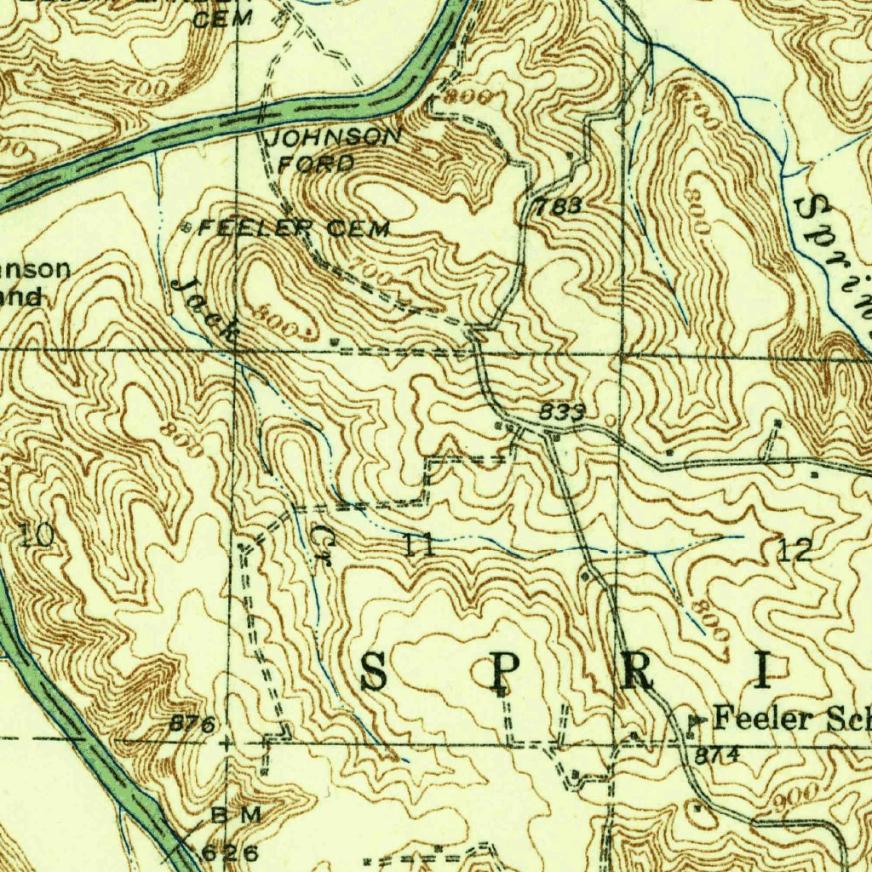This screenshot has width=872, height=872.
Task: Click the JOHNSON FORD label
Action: (333, 148)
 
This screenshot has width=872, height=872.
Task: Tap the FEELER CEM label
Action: (294, 228)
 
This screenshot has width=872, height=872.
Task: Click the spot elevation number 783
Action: (559, 205)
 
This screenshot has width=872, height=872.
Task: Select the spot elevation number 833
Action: (562, 412)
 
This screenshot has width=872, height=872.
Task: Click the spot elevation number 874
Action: (716, 755)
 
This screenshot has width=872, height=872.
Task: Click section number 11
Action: (421, 545)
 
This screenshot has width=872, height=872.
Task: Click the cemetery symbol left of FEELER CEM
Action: (188, 227)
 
